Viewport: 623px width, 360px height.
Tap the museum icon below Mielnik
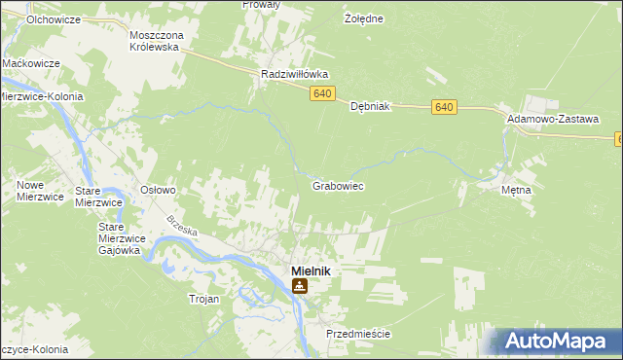[x=300, y=286]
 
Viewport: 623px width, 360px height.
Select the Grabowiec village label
[x=338, y=184]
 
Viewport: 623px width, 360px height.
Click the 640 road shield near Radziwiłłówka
[x=324, y=93]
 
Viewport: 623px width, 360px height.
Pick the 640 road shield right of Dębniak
[x=445, y=106]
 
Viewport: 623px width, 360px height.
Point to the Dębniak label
[x=370, y=106]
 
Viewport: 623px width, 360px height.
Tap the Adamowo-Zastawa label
[x=552, y=117]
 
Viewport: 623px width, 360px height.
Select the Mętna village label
[x=516, y=190]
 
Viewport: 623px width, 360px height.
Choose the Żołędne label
[x=364, y=18]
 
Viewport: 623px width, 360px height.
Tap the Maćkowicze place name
[x=31, y=62]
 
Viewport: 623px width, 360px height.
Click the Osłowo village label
[x=158, y=190]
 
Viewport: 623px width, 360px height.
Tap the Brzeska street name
[x=182, y=230]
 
